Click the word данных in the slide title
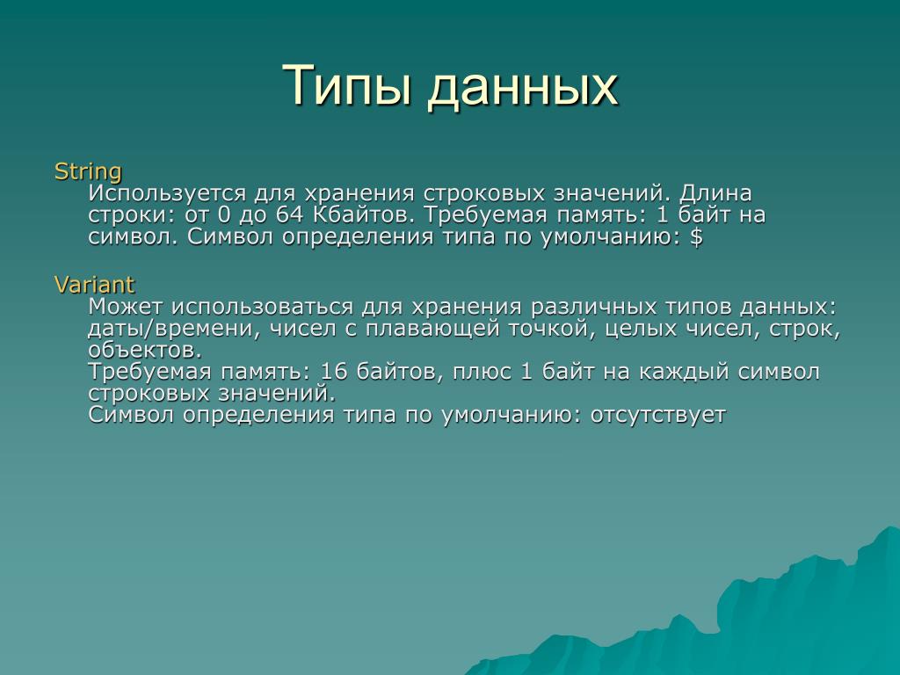pyautogui.click(x=523, y=87)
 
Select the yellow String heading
pyautogui.click(x=88, y=172)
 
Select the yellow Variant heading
pyautogui.click(x=94, y=285)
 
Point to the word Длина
pyautogui.click(x=715, y=194)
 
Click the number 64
pyautogui.click(x=290, y=214)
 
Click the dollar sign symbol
pyautogui.click(x=696, y=236)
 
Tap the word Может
pyautogui.click(x=125, y=307)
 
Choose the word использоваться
pyautogui.click(x=262, y=307)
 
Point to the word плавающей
pyautogui.click(x=432, y=330)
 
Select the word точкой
pyautogui.click(x=548, y=329)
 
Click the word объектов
pyautogui.click(x=145, y=350)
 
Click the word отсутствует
pyautogui.click(x=658, y=415)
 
